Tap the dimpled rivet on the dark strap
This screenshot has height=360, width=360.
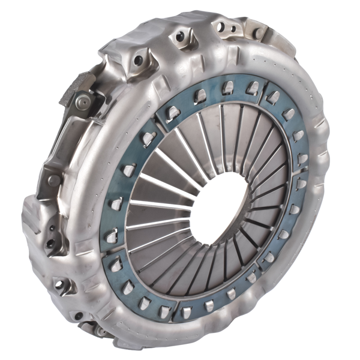pyautogui.click(x=83, y=103)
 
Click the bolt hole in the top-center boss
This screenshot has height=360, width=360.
pyautogui.click(x=180, y=37)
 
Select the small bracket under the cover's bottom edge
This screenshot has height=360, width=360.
pyautogui.click(x=96, y=328)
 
